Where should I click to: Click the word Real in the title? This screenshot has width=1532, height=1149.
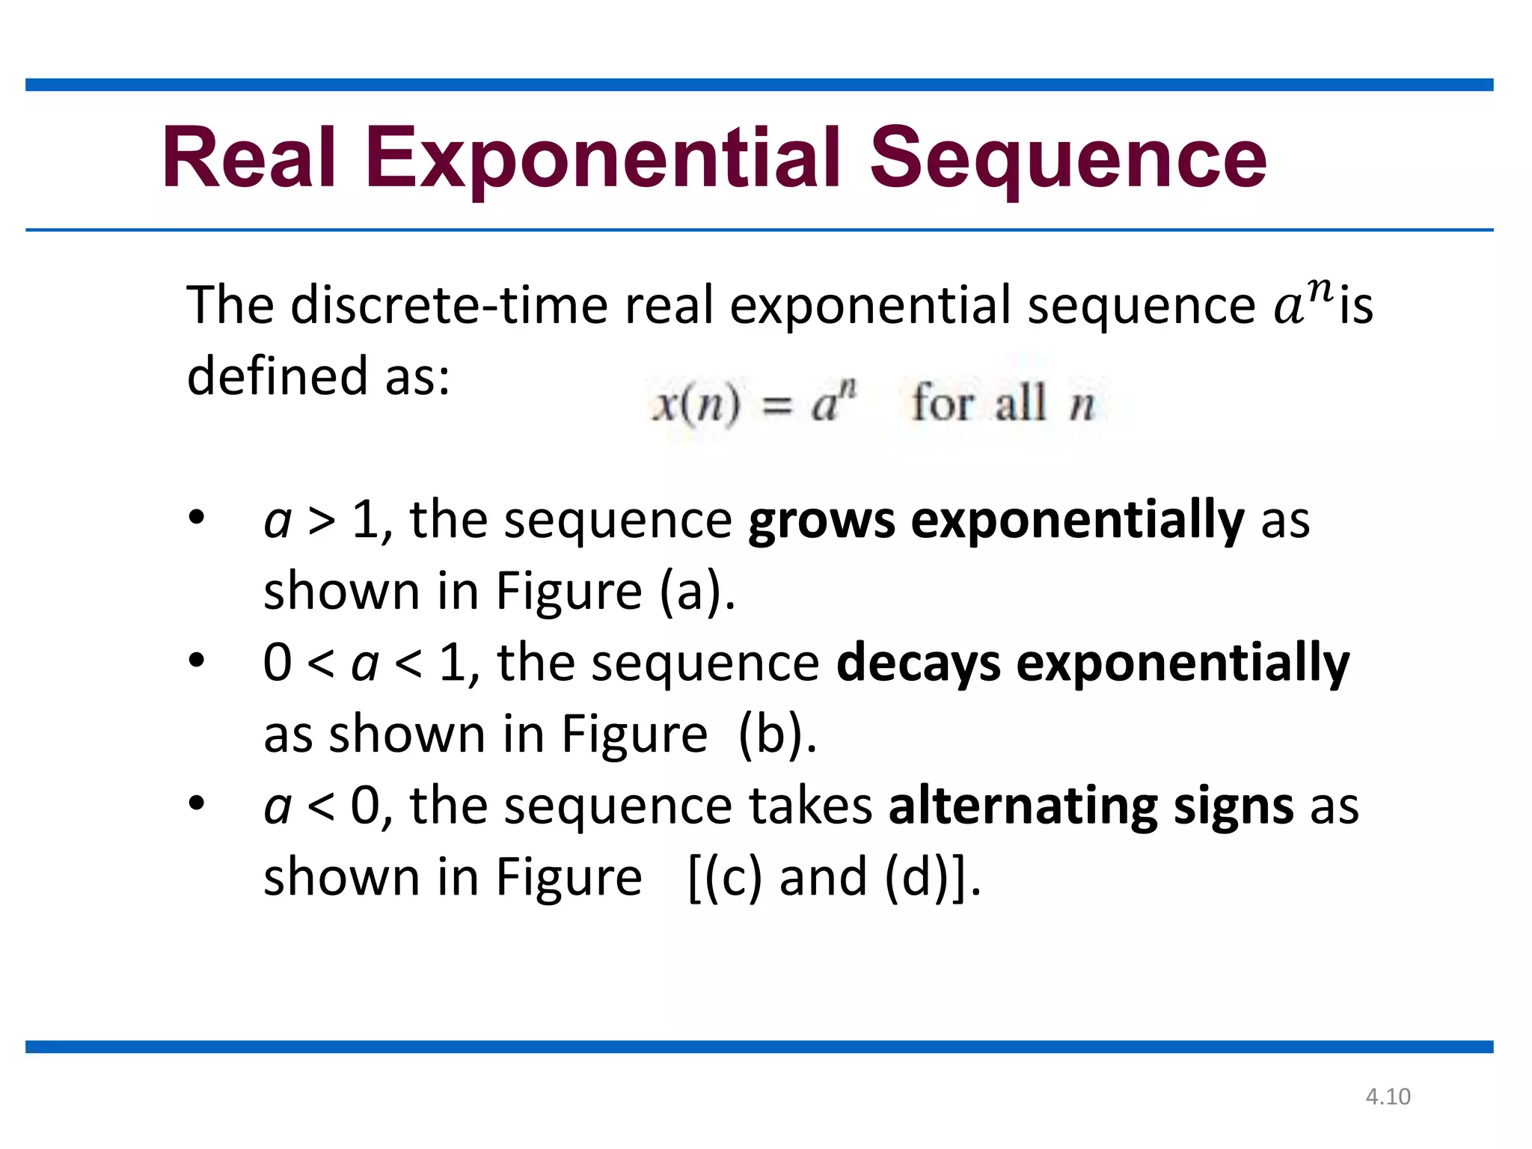pos(248,159)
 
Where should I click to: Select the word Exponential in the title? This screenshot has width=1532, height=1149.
pos(603,159)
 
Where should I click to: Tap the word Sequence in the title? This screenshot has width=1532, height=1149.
pos(1067,159)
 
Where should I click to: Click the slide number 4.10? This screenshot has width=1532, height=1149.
pos(1388,1097)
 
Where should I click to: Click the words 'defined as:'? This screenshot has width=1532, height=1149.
pos(318,376)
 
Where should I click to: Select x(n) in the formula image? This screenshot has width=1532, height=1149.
pos(696,405)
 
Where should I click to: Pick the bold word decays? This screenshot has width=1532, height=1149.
pos(918,664)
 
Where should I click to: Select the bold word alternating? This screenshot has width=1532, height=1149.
pos(1023,806)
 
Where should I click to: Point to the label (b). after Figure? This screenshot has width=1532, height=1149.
pos(777,735)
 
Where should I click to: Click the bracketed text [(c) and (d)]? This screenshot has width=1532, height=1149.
pos(834,877)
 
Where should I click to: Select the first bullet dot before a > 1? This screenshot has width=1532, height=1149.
pos(196,518)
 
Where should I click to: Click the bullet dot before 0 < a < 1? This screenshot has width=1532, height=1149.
pos(196,661)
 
